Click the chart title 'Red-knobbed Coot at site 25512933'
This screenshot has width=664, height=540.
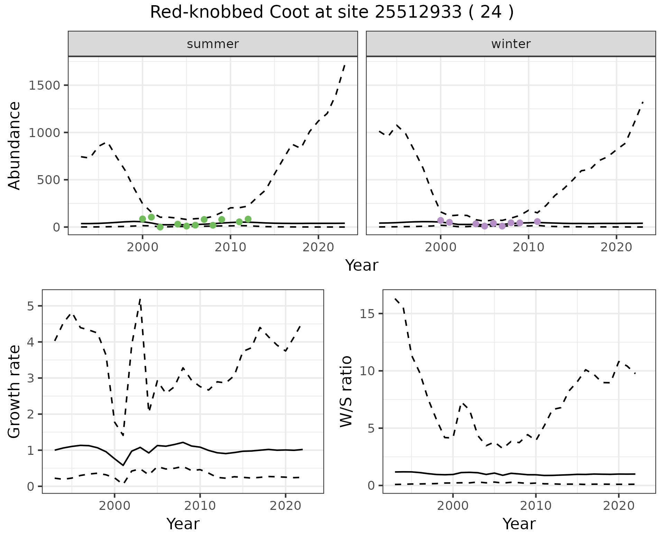[331, 13]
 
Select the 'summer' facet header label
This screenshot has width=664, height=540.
[213, 44]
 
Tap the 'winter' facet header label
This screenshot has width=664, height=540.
[511, 44]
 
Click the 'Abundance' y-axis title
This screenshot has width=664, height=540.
[15, 146]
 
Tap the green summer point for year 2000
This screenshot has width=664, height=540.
[142, 219]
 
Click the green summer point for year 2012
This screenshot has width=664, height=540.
[248, 219]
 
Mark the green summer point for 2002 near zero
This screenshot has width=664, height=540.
[160, 227]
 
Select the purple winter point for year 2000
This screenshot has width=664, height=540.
[441, 220]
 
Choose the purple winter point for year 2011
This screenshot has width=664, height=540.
[537, 222]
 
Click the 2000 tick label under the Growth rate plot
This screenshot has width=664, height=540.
[114, 506]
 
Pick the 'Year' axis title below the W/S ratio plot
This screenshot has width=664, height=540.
[519, 524]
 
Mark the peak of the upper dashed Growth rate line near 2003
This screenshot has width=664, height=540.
[140, 299]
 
